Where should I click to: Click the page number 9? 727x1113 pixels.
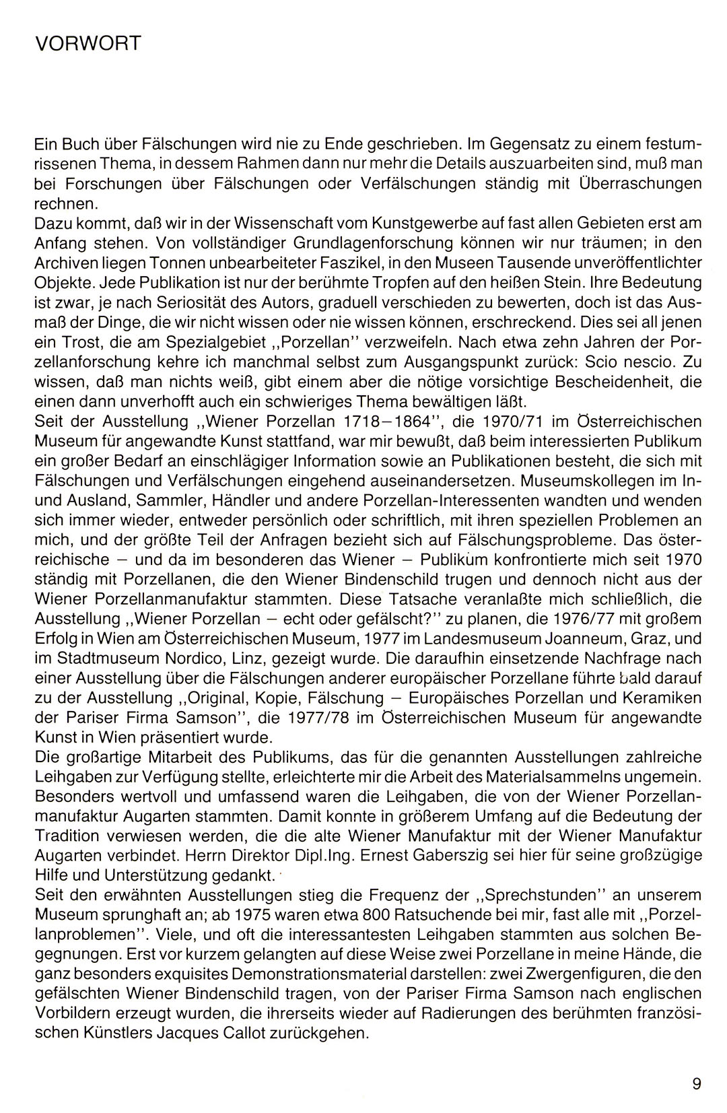pyautogui.click(x=696, y=1083)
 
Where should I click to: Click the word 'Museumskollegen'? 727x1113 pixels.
pyautogui.click(x=592, y=482)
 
